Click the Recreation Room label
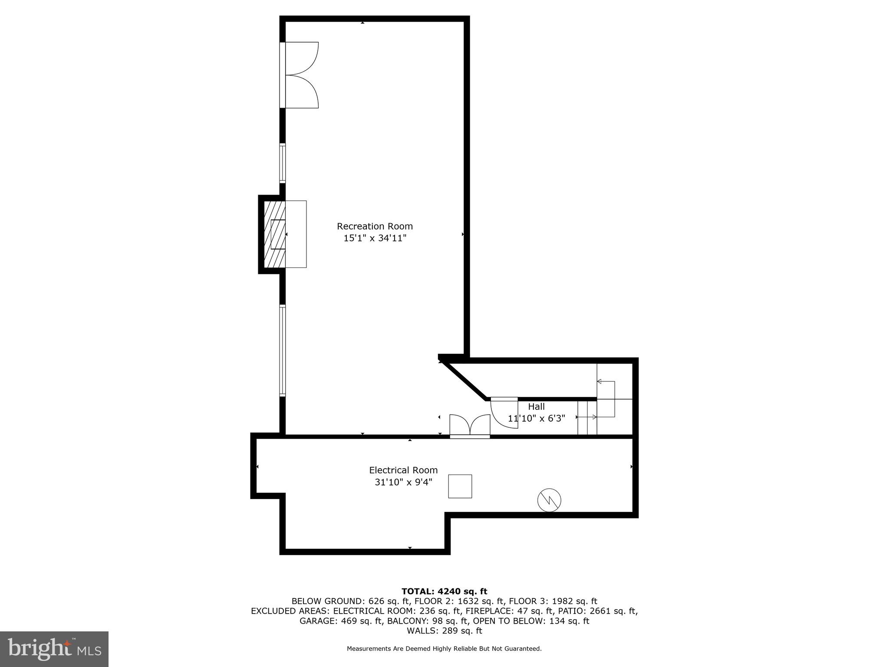(375, 226)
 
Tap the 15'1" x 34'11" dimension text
(375, 238)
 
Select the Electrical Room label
(403, 470)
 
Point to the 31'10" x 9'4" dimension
(403, 482)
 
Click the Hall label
(536, 407)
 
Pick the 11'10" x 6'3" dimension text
(536, 418)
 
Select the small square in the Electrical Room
(460, 486)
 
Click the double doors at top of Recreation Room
(300, 75)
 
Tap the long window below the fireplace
(283, 350)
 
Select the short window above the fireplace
(283, 163)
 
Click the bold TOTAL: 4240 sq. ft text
(444, 591)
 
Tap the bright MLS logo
(54, 649)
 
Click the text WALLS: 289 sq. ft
(444, 631)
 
